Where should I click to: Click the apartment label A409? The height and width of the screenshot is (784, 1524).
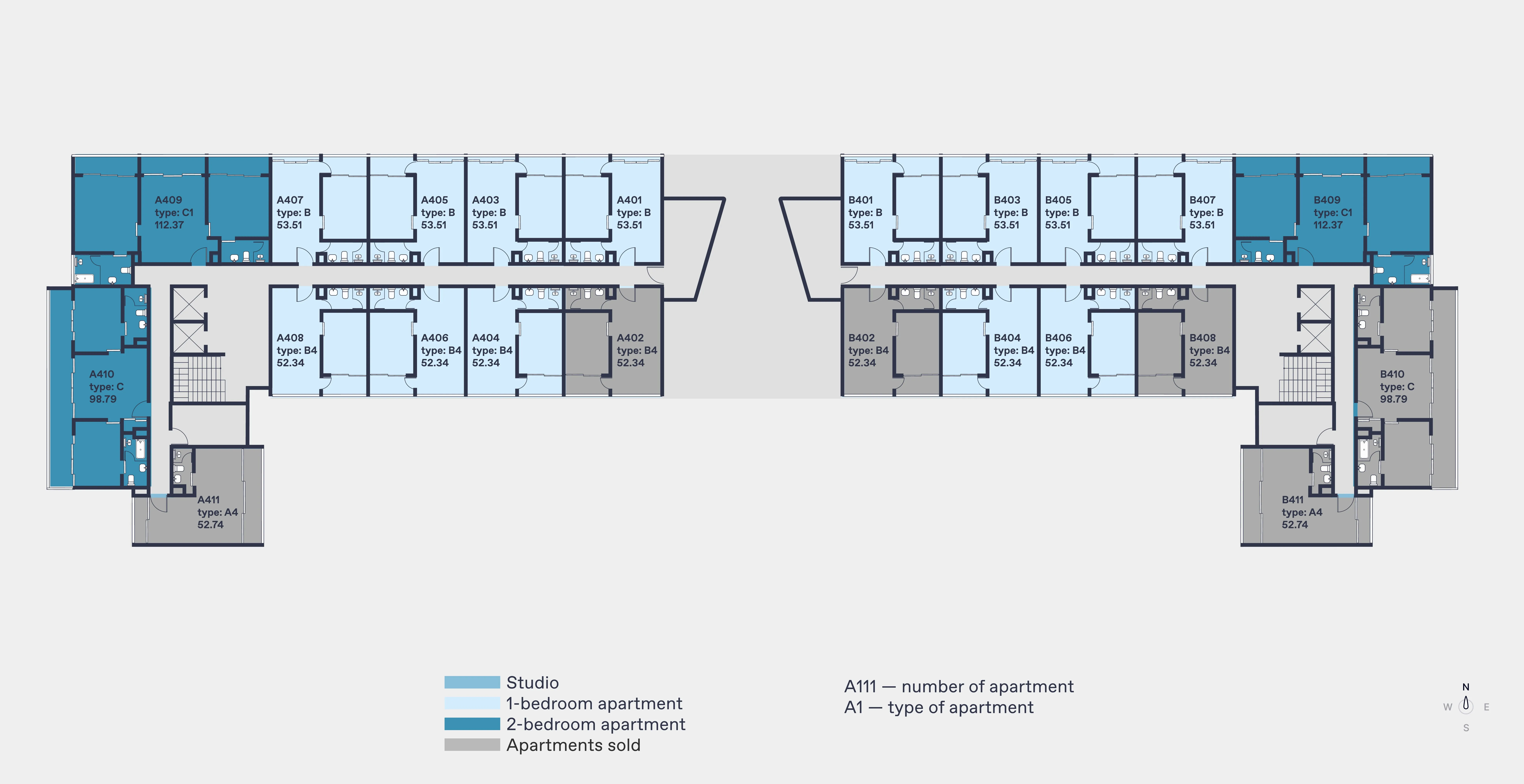(x=169, y=200)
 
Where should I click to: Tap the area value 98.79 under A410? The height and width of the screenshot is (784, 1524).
(x=103, y=399)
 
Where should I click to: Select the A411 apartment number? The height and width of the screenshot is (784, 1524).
(x=208, y=500)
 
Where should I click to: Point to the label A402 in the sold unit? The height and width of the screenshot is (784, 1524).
(x=630, y=338)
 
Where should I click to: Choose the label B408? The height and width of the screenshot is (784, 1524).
(x=1203, y=338)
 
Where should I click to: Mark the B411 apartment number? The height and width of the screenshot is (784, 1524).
(x=1293, y=500)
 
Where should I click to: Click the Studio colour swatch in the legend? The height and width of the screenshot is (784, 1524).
(x=472, y=682)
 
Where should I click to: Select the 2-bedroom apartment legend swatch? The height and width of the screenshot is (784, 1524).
(x=472, y=724)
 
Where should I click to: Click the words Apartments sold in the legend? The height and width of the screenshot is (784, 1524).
(x=573, y=745)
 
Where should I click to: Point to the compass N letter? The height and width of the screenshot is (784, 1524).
(x=1466, y=687)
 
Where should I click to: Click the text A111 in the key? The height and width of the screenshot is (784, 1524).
(x=860, y=686)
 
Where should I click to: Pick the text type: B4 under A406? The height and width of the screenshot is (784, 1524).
(x=441, y=350)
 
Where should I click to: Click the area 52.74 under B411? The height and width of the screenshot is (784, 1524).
(x=1295, y=524)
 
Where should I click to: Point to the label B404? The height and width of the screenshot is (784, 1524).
(x=1007, y=338)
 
